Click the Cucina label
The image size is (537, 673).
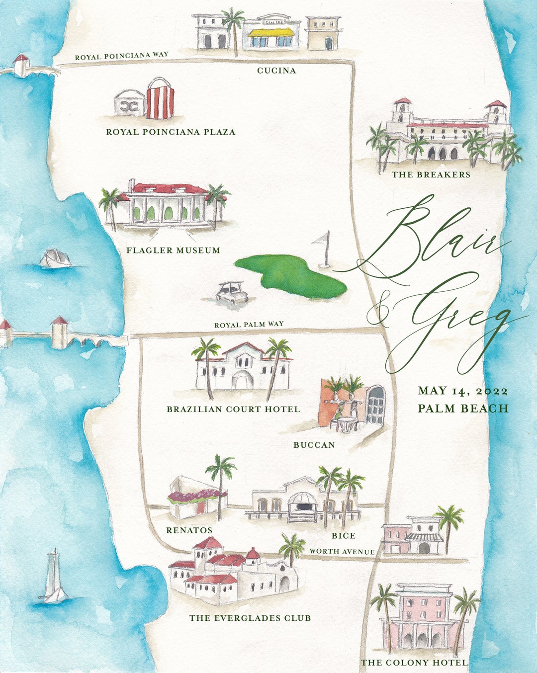tap(276, 71)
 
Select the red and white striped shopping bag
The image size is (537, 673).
tap(160, 99)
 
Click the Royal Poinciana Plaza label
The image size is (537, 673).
tap(171, 132)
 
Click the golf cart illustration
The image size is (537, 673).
tap(232, 292)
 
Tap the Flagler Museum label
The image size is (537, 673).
tap(173, 251)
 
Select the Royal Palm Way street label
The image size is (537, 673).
tap(249, 325)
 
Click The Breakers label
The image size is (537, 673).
tap(431, 174)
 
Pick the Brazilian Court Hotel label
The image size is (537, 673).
tap(233, 410)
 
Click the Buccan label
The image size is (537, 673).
tap(314, 445)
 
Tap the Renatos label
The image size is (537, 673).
tap(189, 530)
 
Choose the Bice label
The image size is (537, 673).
tap(344, 536)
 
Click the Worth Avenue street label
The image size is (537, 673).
tap(342, 551)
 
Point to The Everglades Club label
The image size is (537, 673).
tap(250, 618)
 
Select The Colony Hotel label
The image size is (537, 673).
tap(414, 663)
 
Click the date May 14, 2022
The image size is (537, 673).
tap(462, 391)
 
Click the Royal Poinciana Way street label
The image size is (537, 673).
tap(121, 56)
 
